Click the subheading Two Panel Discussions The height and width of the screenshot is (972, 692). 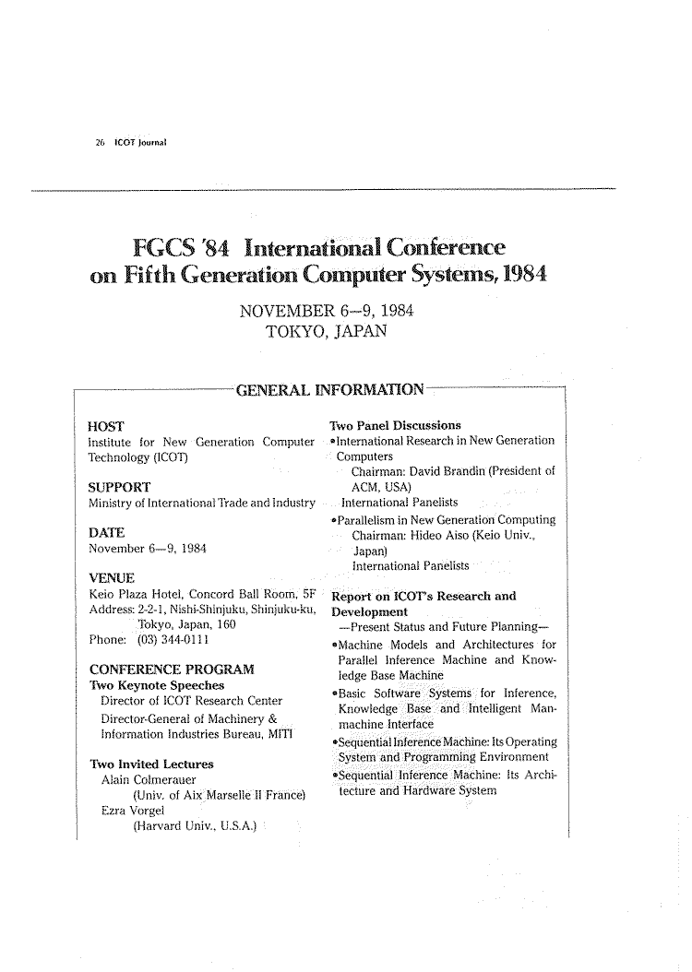(x=395, y=425)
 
